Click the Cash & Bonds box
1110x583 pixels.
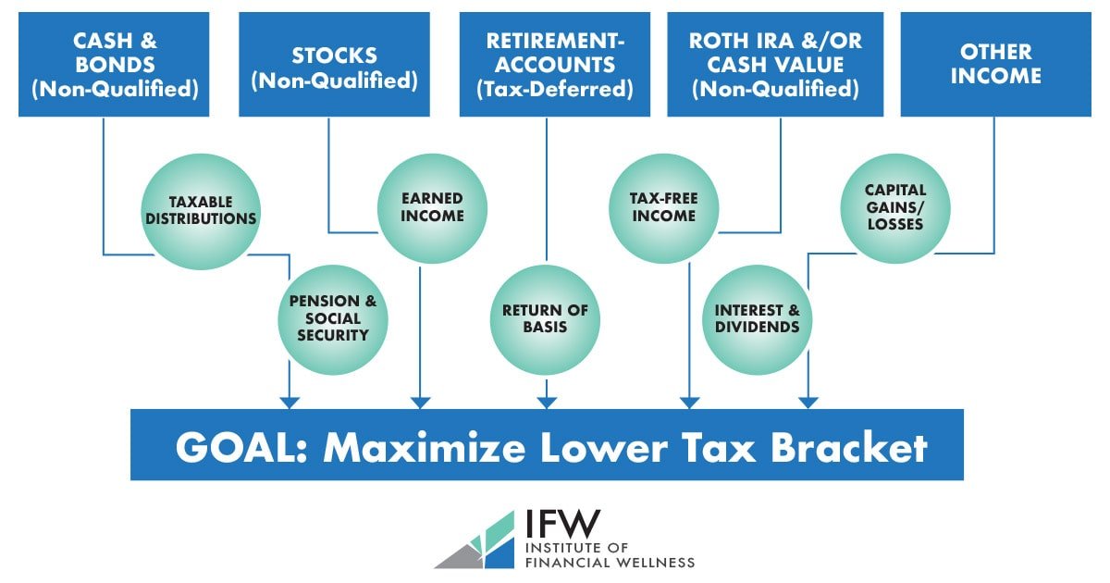(114, 64)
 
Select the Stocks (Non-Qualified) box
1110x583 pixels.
(334, 64)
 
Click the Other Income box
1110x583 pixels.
(995, 64)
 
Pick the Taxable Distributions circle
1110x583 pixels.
(200, 210)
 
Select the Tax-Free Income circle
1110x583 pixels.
(663, 207)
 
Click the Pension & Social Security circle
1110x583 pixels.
(332, 319)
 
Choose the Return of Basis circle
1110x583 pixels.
(546, 319)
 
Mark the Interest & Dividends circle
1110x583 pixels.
(758, 319)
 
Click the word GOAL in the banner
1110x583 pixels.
(236, 447)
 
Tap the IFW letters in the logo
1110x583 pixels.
(562, 526)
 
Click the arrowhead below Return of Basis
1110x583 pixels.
(546, 402)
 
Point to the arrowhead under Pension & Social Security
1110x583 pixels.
(290, 402)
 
